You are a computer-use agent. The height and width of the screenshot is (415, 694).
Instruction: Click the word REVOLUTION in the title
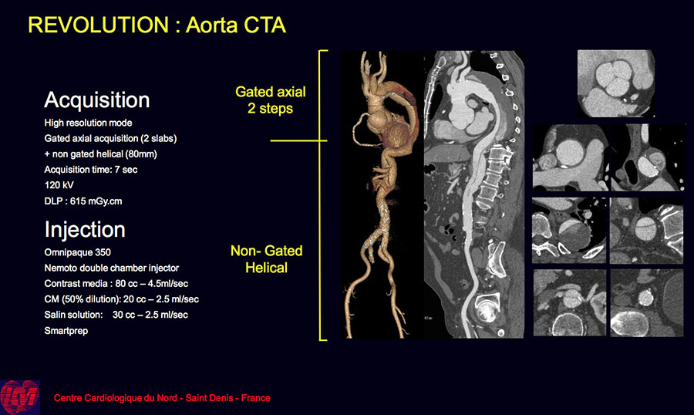tap(98, 25)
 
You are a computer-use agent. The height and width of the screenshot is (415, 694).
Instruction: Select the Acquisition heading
tap(97, 100)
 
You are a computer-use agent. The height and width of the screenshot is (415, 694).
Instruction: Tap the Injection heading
tap(85, 229)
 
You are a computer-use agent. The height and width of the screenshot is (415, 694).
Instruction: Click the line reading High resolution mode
tap(88, 123)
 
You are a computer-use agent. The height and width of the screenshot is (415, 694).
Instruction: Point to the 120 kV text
tap(59, 185)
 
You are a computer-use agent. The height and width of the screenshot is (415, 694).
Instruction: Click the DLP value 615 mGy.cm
tap(96, 201)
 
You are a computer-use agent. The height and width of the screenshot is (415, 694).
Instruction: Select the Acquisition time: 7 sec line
tap(91, 170)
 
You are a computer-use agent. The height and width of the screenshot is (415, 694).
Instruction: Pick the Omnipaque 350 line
tap(77, 252)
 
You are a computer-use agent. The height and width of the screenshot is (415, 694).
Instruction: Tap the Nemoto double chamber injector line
tap(112, 268)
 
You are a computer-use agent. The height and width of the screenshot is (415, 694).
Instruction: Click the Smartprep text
tap(66, 330)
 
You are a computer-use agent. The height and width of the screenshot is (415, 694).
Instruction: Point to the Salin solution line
tap(116, 315)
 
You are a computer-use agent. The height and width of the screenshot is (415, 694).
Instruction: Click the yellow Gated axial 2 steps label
tap(271, 100)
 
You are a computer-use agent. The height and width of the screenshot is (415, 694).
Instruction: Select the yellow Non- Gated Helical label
tap(267, 259)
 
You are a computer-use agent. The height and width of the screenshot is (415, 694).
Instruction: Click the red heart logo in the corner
tap(20, 397)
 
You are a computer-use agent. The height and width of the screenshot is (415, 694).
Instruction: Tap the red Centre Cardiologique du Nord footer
tap(162, 398)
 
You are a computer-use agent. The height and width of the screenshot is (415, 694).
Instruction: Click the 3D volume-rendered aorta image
tap(382, 195)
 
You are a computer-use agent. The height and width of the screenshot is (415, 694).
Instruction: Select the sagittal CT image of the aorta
tap(474, 195)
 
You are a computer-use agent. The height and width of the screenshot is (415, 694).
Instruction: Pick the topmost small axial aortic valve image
tap(615, 83)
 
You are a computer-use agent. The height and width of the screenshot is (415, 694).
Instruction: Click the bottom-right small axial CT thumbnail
tap(647, 302)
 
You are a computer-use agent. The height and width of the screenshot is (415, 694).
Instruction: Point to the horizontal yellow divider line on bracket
tap(298, 141)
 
